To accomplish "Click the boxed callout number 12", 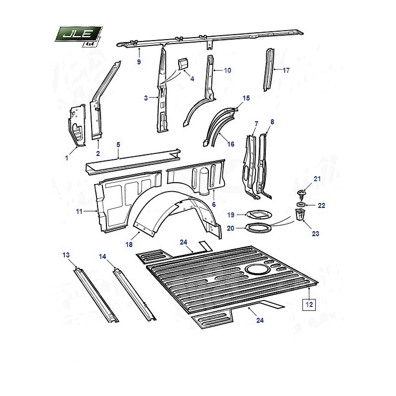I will pos(309,304).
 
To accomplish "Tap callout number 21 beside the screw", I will pos(317,179).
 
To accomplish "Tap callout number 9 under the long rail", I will pos(139,62).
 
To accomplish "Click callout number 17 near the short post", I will pos(286,70).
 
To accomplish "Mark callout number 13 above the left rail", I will pos(66,255).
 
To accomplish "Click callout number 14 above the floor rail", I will pos(102,256).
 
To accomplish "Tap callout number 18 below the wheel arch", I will pos(129,245).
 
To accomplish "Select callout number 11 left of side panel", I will pos(79,212).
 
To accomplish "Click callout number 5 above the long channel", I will pos(118,145).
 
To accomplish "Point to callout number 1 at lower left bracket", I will pos(67,158).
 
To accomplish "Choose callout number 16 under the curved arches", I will pos(231,144).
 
